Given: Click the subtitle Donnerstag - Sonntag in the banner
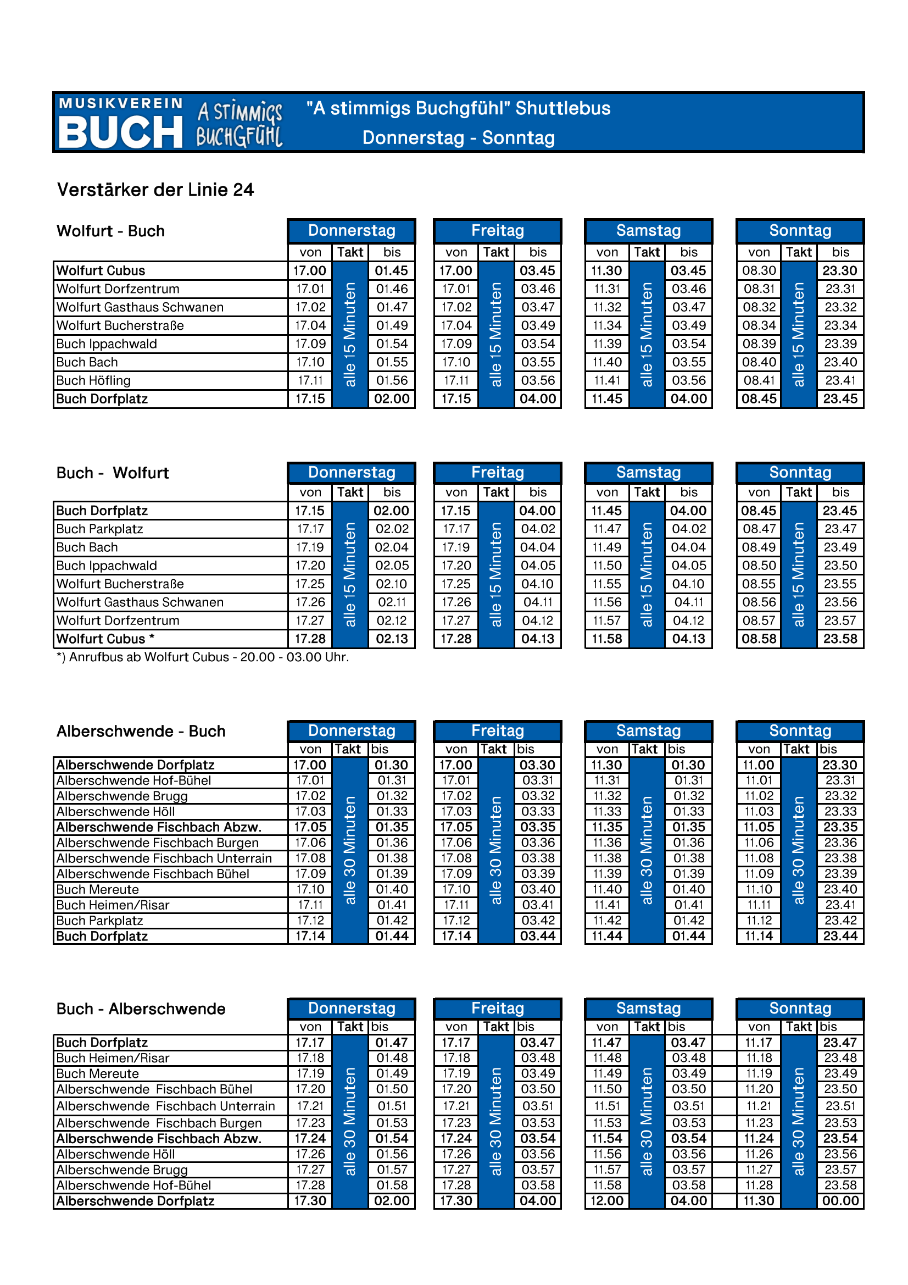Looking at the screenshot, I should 458,137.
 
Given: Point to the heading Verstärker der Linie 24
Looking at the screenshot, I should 155,190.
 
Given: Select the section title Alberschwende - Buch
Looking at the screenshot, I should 141,731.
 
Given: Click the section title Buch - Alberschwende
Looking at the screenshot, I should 141,1009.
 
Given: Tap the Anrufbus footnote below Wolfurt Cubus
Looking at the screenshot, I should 203,657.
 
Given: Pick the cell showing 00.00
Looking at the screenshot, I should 840,1200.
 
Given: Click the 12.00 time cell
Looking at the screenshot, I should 607,1200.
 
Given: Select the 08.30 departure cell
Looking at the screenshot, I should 759,270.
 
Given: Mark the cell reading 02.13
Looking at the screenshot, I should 392,639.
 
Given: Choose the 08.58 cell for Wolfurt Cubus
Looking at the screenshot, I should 759,639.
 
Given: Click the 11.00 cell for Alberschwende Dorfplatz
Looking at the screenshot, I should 759,765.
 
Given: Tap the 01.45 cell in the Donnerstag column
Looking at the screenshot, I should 392,270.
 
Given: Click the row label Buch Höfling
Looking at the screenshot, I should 93,380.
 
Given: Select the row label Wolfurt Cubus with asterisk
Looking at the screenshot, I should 105,639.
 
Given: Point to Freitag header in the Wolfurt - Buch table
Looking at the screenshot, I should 497,231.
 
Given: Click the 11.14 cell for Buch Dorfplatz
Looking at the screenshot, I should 759,936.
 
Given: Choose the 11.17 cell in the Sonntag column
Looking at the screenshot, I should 759,1042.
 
